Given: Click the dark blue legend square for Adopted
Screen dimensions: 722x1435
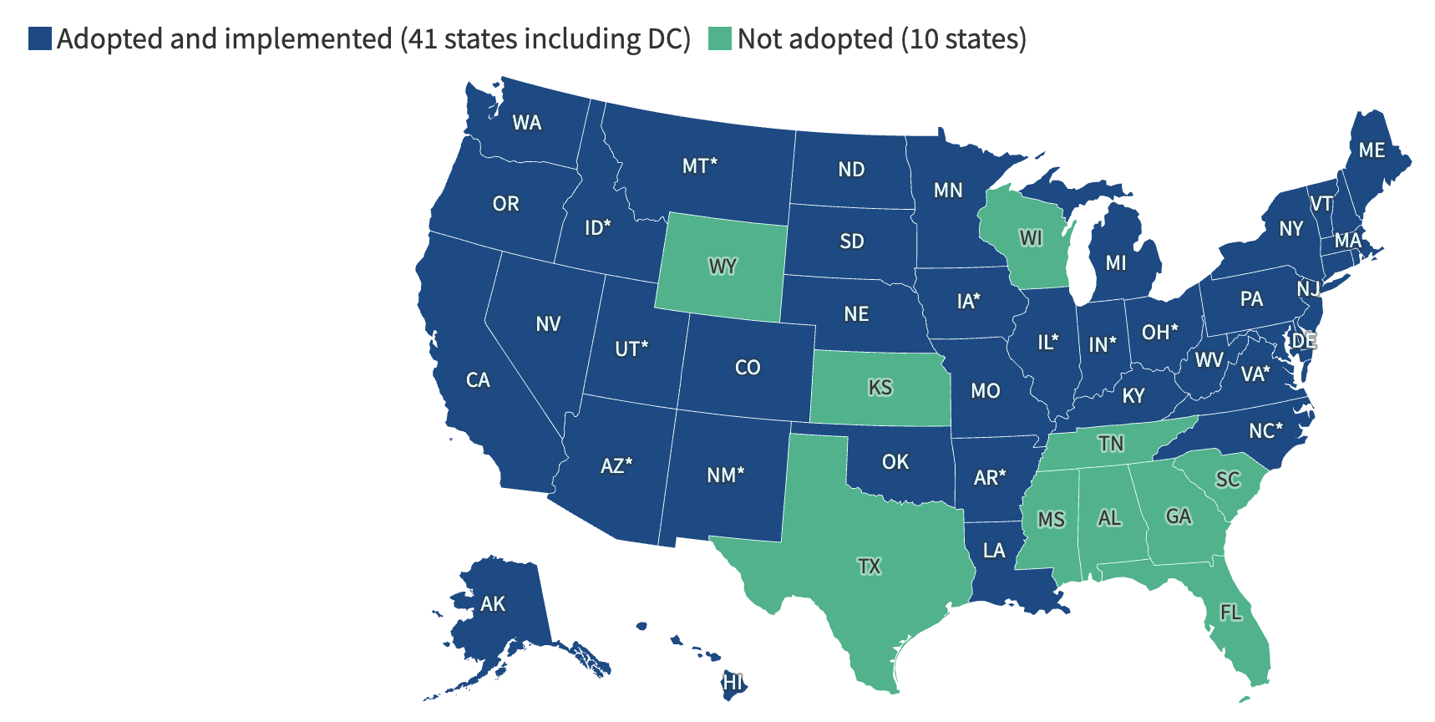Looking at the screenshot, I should (40, 38).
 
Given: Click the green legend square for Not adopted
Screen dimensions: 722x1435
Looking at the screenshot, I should (720, 38).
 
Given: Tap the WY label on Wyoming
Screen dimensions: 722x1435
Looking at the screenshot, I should (723, 267).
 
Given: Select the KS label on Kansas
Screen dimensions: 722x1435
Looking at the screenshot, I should (880, 388).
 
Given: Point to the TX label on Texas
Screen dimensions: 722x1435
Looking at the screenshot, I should (870, 567).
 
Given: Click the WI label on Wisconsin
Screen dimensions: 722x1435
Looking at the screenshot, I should (1032, 238).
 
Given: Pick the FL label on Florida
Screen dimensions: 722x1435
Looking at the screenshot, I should (1230, 613).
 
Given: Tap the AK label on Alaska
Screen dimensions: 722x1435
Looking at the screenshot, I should (493, 603).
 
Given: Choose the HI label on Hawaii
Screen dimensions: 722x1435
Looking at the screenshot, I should (733, 683).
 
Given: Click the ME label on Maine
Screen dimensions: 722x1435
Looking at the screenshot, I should (1372, 150).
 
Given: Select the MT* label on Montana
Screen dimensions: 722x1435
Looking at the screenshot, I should (700, 165).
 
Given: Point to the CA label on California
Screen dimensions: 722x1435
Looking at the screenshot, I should (478, 380).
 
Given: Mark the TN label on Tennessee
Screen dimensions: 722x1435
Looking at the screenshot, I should (1111, 443).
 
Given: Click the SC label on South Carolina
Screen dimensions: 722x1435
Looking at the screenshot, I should (1228, 480).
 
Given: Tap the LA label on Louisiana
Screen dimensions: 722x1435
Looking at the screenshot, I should (994, 550).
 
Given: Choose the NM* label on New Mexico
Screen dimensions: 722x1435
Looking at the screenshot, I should (725, 475).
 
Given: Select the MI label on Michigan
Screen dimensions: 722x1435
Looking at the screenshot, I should (1116, 263).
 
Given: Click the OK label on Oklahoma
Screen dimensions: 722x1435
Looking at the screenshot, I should (895, 462).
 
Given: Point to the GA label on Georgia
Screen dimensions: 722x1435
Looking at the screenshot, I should (1179, 516).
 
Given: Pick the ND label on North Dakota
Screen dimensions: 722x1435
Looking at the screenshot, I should (852, 170).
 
